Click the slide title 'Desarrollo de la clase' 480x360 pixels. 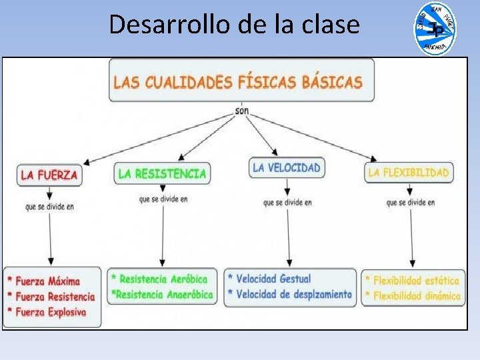pos(233,25)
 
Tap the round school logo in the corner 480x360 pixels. pos(435,29)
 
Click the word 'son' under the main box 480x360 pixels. pos(242,111)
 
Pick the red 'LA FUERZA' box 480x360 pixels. pos(49,175)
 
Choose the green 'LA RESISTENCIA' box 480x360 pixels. pos(162,173)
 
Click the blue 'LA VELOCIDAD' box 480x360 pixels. pos(287,168)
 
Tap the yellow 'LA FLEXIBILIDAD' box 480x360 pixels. pos(409,173)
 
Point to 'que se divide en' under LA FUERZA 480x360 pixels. pos(49,207)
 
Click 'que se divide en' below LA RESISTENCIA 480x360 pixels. pos(163,199)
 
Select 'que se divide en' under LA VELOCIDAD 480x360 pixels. pos(287,203)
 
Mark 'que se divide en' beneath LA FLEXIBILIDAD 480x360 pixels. pos(411,202)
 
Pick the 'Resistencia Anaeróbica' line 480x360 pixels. pos(163,294)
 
